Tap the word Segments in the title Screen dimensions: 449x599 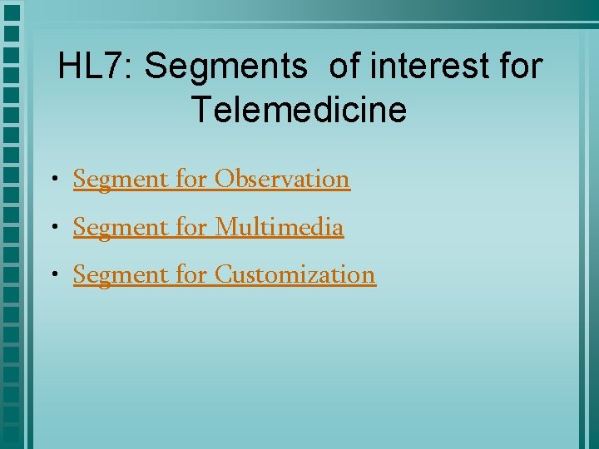pos(225,67)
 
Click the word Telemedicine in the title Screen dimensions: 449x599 pos(299,110)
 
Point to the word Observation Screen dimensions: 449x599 pos(282,179)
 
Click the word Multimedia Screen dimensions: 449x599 pos(279,226)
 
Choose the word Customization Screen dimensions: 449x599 pos(295,274)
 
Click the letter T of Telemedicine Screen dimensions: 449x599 pos(200,110)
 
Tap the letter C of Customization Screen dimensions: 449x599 pos(224,274)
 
